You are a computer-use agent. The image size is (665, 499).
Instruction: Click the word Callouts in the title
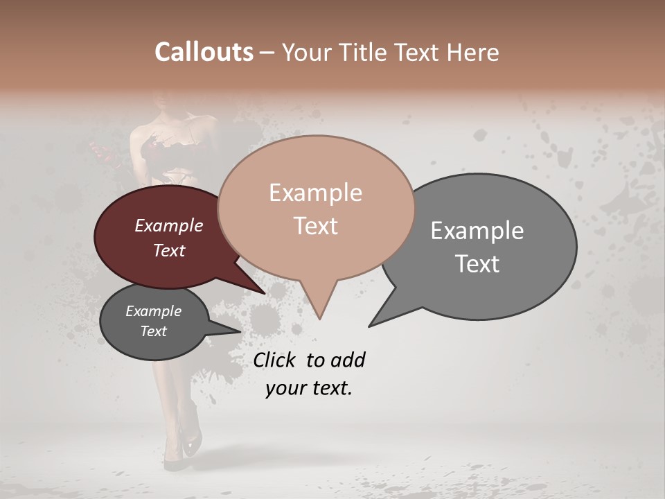[204, 52]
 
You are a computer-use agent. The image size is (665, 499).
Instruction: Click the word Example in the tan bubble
[315, 193]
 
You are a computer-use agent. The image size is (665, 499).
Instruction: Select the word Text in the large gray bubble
[477, 263]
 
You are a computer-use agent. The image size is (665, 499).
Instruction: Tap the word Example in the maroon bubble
[169, 225]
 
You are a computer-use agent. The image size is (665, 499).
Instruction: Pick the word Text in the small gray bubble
[154, 331]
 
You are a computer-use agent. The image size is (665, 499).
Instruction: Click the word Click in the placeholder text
[274, 360]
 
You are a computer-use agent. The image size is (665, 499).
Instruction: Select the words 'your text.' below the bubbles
[309, 388]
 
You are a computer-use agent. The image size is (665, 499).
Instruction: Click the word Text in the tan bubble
[316, 226]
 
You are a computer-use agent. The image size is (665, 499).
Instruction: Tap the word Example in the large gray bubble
[477, 230]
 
